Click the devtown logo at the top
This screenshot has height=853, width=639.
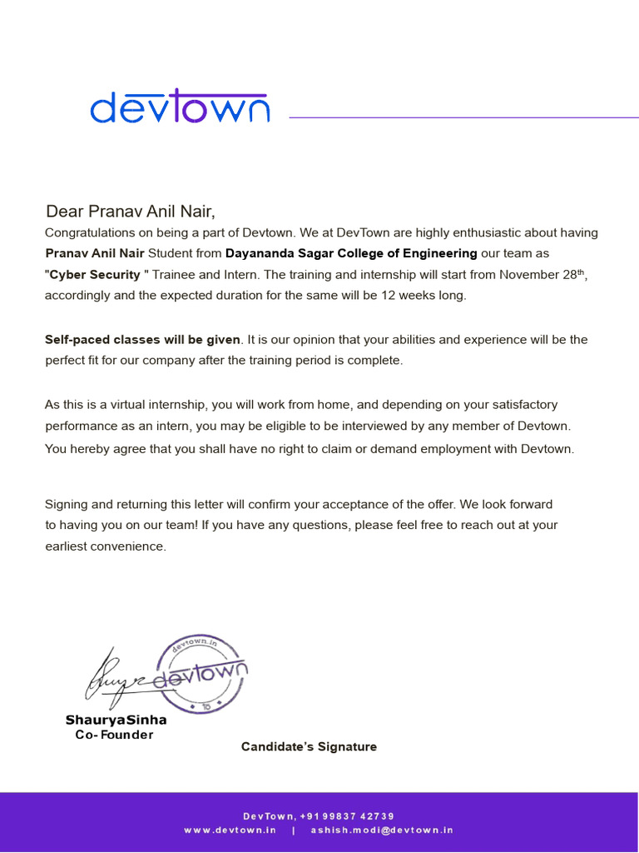180,108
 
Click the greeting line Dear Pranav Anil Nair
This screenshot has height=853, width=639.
135,212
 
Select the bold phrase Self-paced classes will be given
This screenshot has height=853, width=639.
142,340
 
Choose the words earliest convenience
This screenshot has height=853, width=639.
106,547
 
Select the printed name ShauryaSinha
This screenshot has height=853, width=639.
116,720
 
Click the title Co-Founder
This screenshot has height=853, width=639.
114,735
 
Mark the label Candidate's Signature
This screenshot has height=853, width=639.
309,747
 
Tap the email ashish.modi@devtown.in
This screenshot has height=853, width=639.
382,831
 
